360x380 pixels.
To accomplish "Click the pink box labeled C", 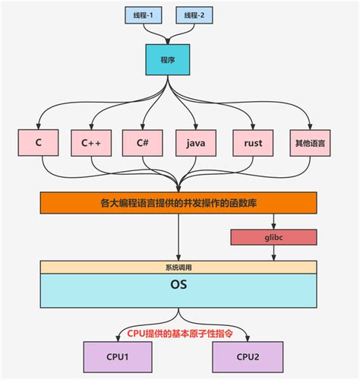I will [x=38, y=141].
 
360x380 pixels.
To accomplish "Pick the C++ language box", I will [x=92, y=141].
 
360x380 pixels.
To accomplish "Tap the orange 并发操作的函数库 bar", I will [x=178, y=203].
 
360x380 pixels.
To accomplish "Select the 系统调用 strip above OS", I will [x=178, y=267].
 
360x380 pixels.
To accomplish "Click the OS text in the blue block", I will [x=178, y=287].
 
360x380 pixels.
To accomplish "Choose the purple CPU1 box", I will [x=118, y=356].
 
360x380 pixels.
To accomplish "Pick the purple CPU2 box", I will [x=248, y=356].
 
